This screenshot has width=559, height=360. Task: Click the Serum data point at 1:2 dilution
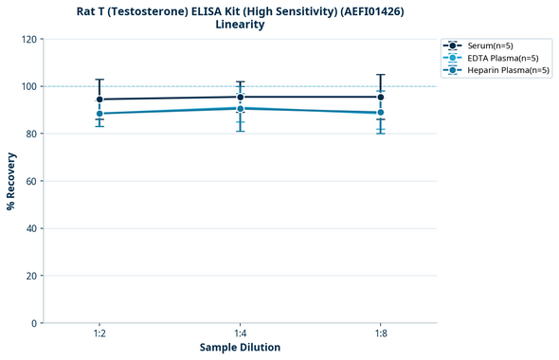(99, 99)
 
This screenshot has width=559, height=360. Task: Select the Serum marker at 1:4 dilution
(241, 97)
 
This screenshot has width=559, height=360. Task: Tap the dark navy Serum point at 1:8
(381, 97)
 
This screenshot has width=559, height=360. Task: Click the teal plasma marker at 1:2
(99, 114)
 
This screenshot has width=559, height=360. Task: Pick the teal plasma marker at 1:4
(241, 108)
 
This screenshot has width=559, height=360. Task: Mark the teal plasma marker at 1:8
(381, 113)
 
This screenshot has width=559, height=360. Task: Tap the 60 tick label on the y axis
(30, 181)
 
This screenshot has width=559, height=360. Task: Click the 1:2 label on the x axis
(99, 333)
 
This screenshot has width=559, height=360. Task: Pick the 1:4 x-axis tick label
(241, 333)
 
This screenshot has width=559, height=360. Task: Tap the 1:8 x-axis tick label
(381, 333)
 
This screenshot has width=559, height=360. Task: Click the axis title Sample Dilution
(240, 348)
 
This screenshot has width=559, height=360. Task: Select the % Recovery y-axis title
(11, 180)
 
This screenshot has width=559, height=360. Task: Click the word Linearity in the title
(240, 25)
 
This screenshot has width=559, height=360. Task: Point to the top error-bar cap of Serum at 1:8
(381, 75)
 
